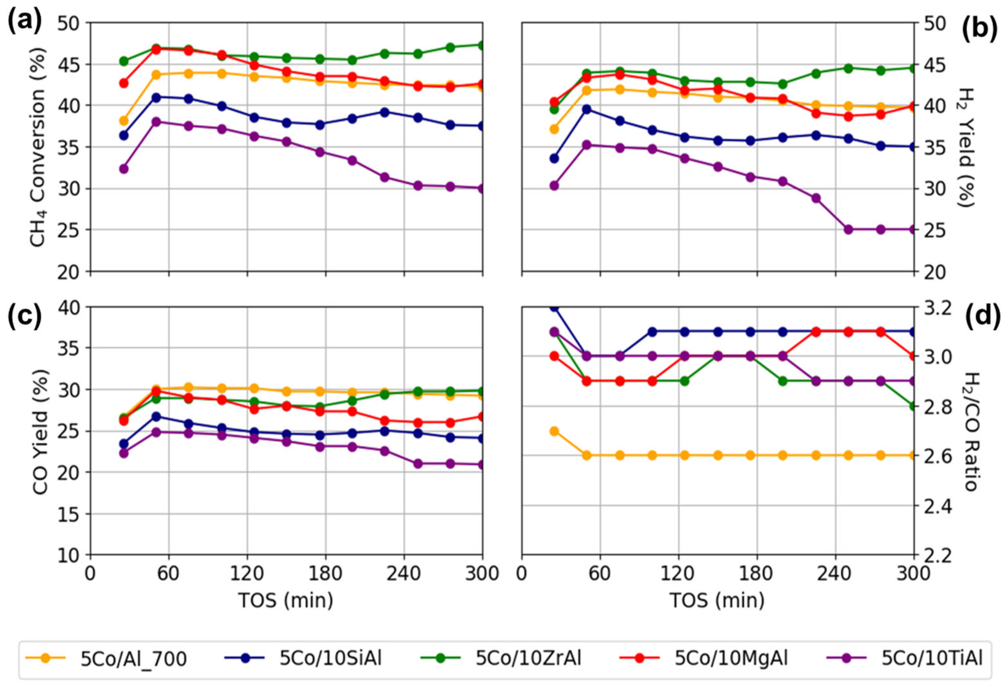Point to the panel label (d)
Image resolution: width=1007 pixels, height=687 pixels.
981,315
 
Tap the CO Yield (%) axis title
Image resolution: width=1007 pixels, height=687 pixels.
40,431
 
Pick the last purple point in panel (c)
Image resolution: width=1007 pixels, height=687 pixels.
482,465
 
